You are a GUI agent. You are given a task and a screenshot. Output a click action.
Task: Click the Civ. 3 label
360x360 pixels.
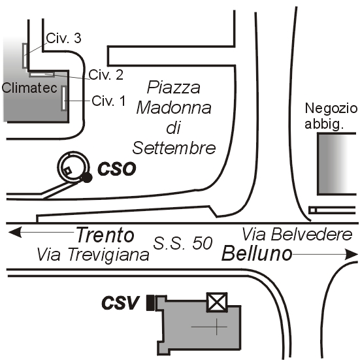pos(64,38)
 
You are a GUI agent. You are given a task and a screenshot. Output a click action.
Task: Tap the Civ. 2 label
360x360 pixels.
pos(106,74)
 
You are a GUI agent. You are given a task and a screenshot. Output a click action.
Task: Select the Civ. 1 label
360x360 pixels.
pos(108,101)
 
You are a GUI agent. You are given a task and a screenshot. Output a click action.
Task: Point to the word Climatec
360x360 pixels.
pos(29,88)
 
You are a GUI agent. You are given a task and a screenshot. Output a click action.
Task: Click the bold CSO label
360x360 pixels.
pos(117,169)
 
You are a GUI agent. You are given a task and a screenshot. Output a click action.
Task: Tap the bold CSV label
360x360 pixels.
pos(120,303)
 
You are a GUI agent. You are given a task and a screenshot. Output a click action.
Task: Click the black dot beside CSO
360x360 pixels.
pos(87,178)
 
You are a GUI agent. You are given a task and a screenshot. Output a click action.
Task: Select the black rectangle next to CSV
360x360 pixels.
pos(150,303)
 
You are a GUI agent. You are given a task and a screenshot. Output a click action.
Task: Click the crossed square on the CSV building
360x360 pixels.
pos(217,302)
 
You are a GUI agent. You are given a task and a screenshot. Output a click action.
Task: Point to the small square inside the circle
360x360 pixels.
pos(67,171)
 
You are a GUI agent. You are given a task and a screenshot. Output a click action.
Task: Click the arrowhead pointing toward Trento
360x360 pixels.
pos(15,232)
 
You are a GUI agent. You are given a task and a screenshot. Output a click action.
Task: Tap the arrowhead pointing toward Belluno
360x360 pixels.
pos(352,254)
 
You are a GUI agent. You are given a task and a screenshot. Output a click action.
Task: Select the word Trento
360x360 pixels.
pos(105,235)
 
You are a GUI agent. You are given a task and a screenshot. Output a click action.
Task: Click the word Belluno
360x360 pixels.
pos(257,254)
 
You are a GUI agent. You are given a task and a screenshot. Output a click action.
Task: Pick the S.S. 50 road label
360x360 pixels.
pos(183,243)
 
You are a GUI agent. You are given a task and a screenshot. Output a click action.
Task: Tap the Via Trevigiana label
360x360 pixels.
pos(93,255)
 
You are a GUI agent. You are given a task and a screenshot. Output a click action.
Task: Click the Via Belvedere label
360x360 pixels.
pos(297,235)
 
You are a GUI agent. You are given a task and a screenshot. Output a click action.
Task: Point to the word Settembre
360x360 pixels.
pos(174,148)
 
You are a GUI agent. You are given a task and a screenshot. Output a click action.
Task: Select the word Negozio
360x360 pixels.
pos(331,108)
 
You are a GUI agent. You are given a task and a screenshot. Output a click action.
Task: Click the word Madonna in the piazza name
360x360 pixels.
pos(174,108)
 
